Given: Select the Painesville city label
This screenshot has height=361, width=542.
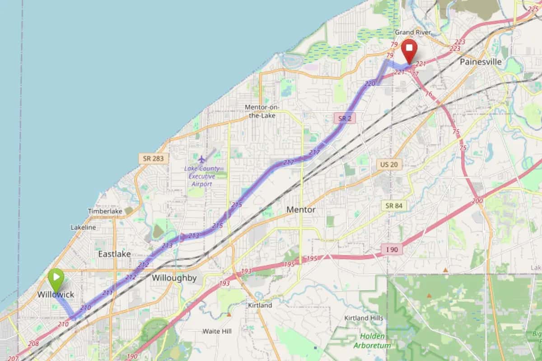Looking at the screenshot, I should coord(481,62).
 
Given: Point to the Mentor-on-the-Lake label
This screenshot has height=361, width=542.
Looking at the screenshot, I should coord(262,111).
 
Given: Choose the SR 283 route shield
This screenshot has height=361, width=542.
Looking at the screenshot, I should coord(154,158).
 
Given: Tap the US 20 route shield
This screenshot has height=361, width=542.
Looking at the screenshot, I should coord(389,164).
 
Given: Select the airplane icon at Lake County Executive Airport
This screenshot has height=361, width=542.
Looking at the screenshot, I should coord(201,159).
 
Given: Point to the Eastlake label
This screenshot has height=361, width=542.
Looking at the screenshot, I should coord(114,254).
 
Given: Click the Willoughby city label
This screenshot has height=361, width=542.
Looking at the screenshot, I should coord(174,278).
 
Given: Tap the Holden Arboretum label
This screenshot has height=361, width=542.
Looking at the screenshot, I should coord(373,341).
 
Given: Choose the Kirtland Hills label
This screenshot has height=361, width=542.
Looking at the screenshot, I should coord(364,318).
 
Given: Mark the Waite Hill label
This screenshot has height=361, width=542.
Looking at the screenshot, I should coord(217,331).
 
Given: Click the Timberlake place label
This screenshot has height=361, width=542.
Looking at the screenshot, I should coord(105,211).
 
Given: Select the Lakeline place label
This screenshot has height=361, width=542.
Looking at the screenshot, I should coord(83,227).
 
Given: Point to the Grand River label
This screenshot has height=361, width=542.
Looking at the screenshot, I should coord(413,32).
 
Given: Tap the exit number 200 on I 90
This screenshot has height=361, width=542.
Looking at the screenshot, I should coord(477,201).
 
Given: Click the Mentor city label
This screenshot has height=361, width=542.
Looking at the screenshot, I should coord(301,210).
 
